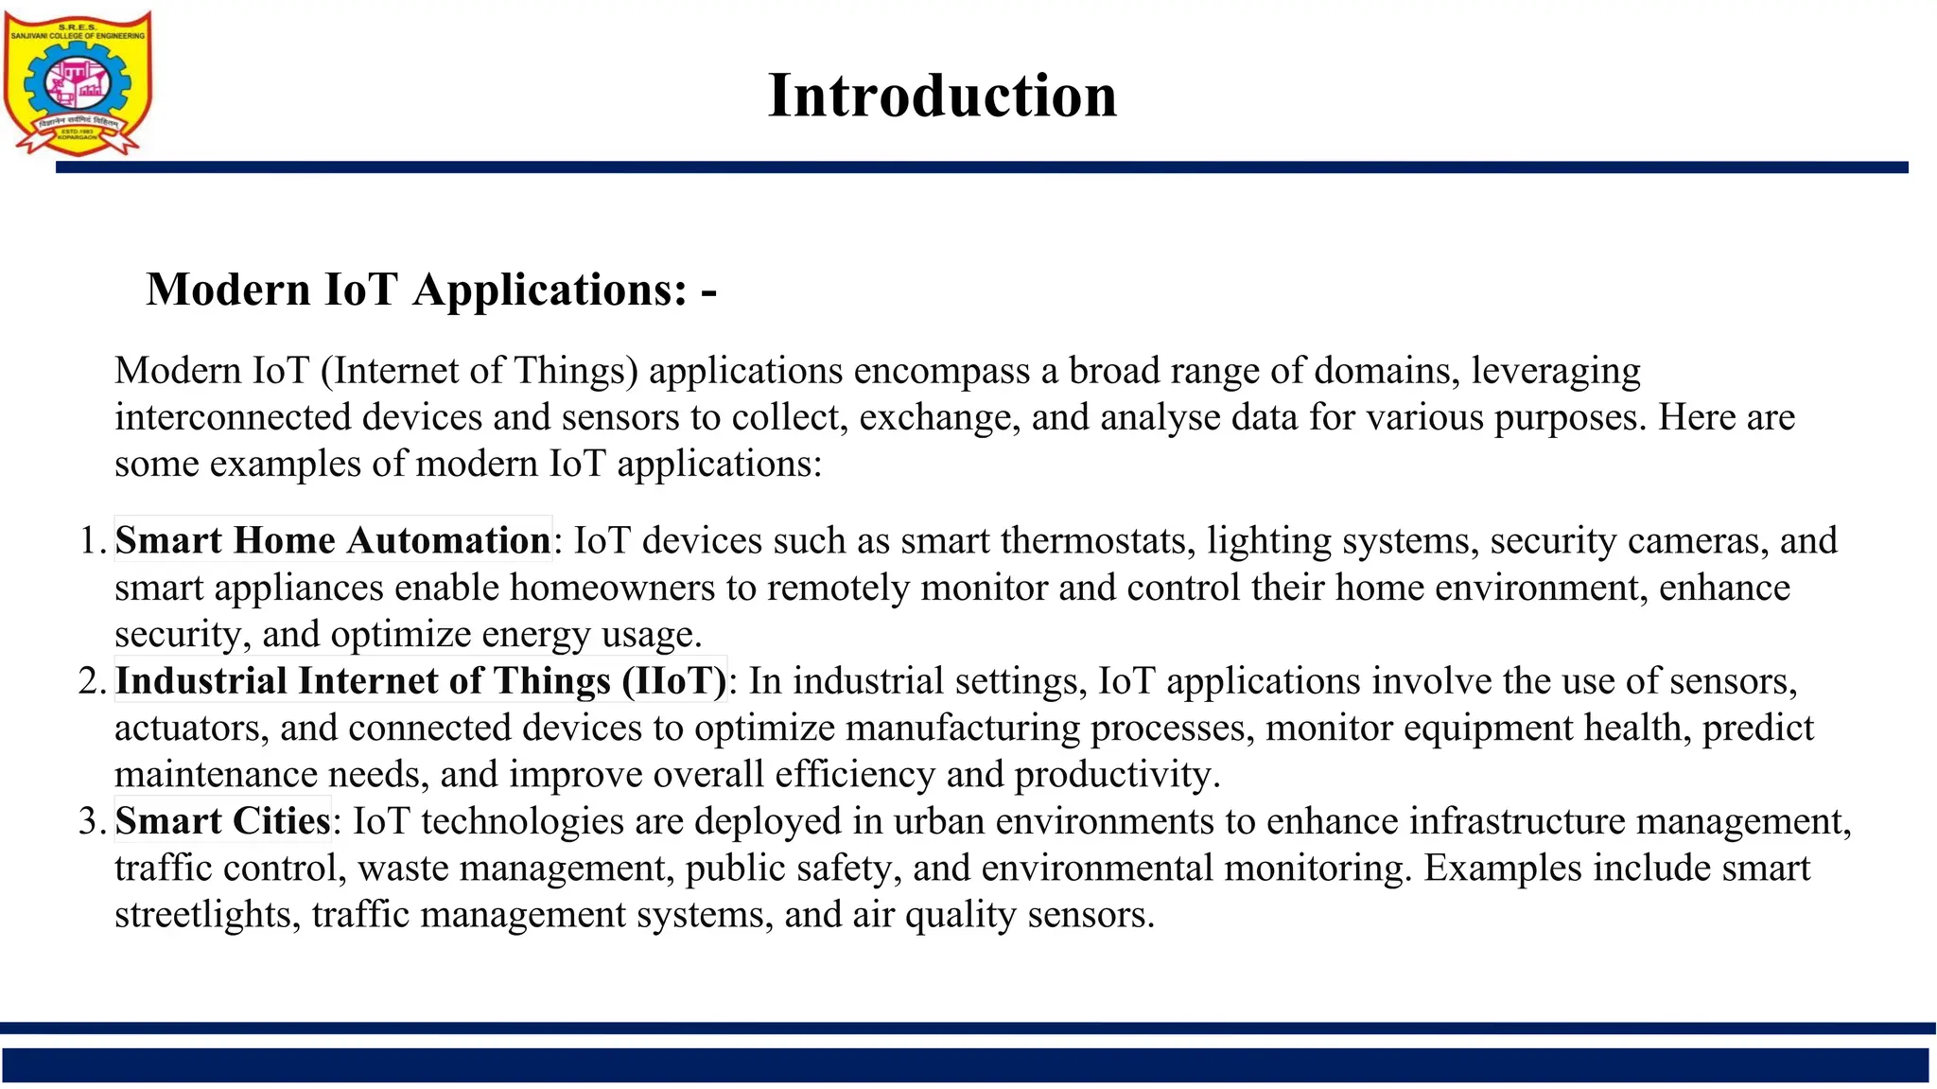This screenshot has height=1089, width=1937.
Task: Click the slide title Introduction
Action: click(942, 96)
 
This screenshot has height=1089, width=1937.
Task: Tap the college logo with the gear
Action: click(78, 83)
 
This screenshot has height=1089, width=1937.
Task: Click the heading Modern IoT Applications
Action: click(431, 290)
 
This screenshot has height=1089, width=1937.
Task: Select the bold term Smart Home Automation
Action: click(333, 540)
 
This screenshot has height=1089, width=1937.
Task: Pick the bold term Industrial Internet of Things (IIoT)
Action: click(421, 681)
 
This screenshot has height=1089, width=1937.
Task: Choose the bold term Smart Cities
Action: click(223, 821)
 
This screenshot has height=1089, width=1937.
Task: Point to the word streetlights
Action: click(202, 915)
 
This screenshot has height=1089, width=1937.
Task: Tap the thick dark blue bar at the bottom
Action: click(965, 1064)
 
